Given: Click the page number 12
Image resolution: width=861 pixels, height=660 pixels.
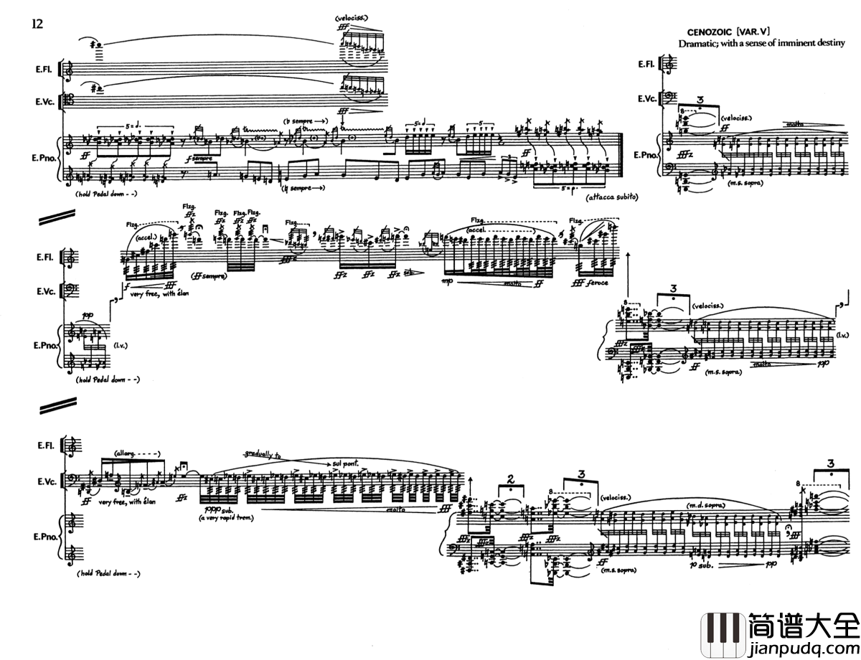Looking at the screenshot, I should (37, 24).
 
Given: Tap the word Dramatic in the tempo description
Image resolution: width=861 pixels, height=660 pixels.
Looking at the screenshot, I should (699, 44).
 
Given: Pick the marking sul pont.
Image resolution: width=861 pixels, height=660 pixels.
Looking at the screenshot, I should (347, 463).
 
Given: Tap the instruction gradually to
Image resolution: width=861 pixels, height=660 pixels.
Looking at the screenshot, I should (264, 455).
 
